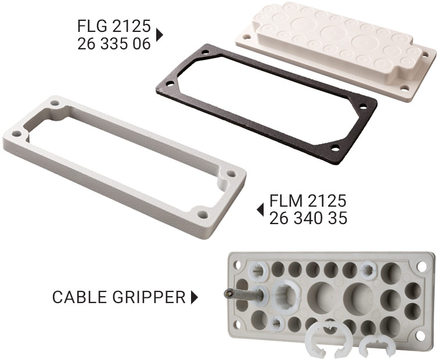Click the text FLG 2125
coord(114,26)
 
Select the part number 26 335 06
coord(114,44)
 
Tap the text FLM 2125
coord(308,200)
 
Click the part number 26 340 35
coord(308,218)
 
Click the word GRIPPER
coord(149,297)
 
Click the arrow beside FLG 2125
coord(159,35)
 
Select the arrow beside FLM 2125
coord(260,210)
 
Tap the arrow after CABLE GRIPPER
coord(195,297)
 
